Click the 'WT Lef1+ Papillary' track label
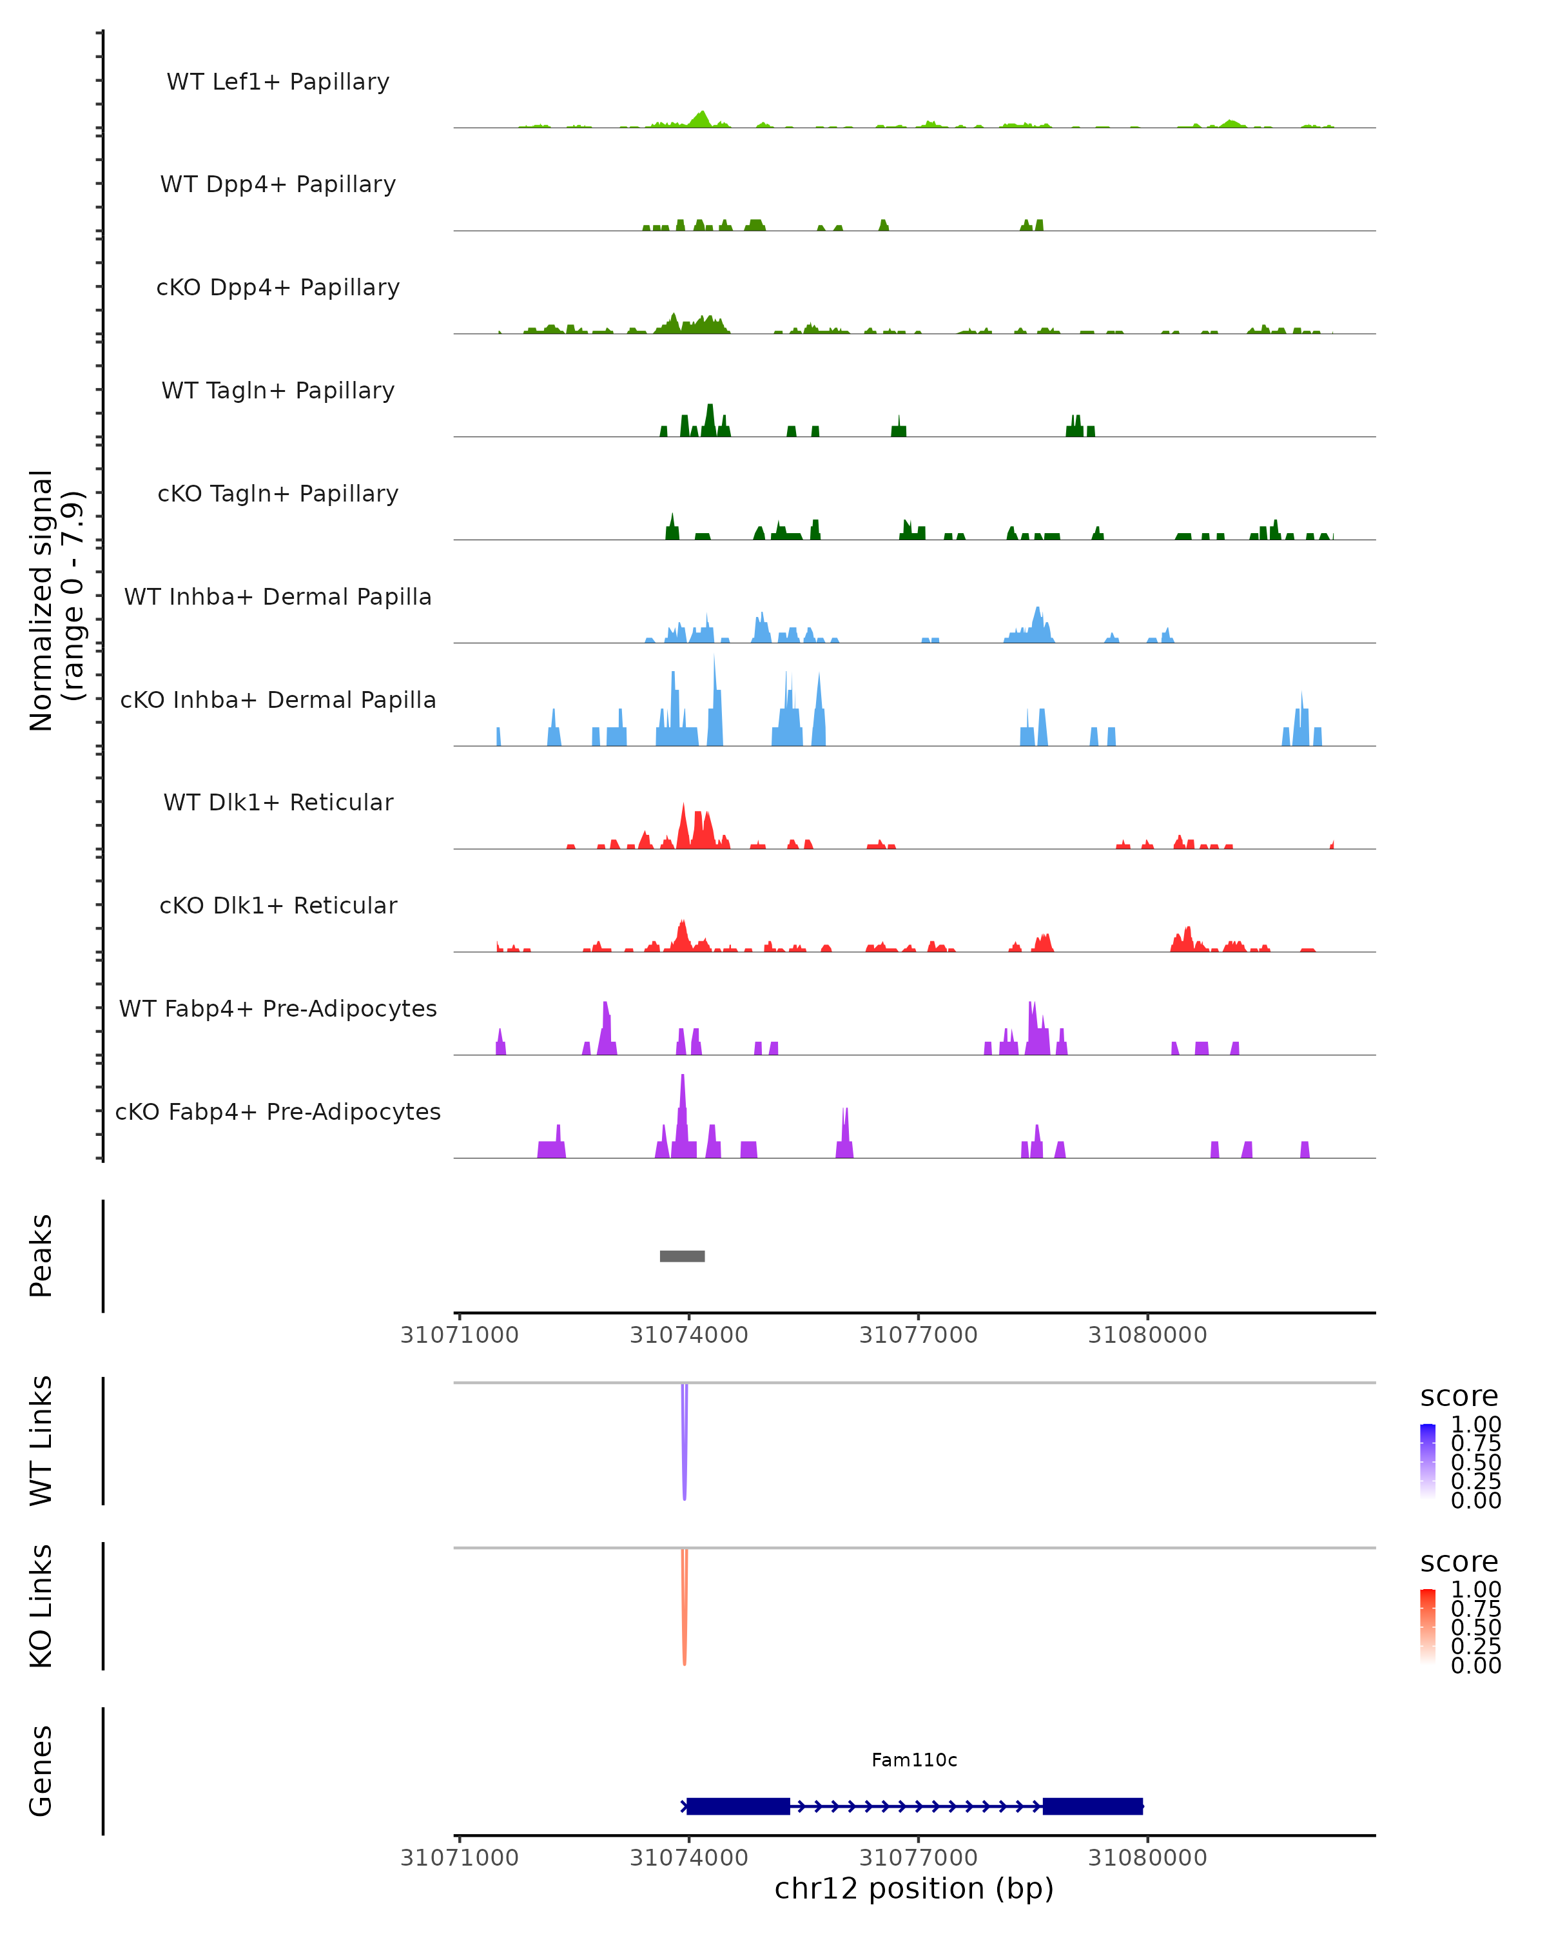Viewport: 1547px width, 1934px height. pos(278,82)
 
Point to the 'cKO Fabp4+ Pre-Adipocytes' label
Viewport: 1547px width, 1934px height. pos(278,1111)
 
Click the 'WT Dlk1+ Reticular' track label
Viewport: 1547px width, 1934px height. pos(278,802)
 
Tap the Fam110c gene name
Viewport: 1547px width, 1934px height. pos(914,1760)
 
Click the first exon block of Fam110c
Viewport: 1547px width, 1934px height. pos(737,1806)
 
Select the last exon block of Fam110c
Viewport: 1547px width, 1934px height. pos(1093,1806)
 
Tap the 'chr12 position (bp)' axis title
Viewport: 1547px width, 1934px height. pos(914,1888)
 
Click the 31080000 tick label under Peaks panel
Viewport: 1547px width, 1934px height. pos(1147,1335)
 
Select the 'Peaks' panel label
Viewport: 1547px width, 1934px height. pos(41,1255)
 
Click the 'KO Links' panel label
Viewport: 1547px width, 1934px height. pos(41,1606)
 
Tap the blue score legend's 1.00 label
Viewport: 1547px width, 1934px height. pos(1475,1425)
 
